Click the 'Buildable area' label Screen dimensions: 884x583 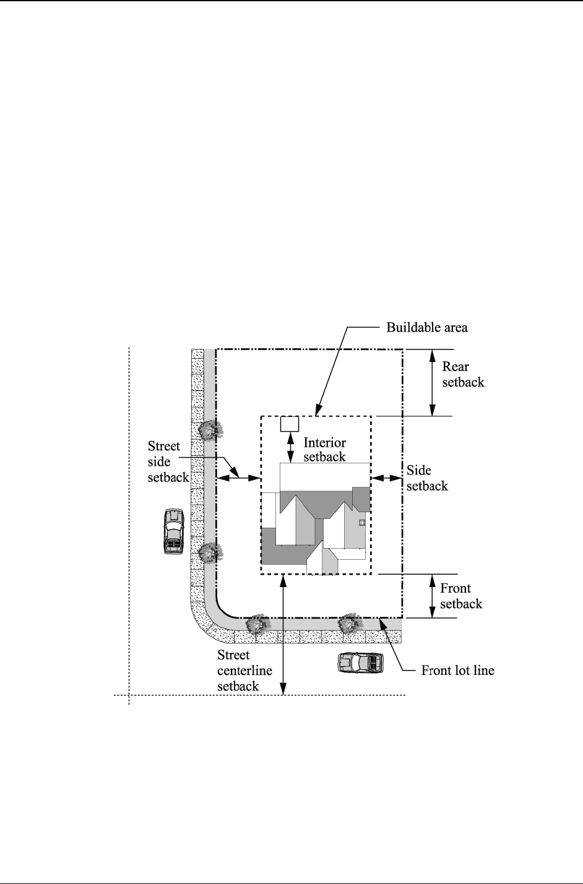[427, 328]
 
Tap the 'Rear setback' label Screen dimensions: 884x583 [463, 374]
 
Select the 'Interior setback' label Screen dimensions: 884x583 [324, 450]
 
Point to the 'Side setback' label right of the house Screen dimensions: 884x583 [427, 478]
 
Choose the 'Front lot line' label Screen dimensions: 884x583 [457, 670]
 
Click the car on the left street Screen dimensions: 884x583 [173, 531]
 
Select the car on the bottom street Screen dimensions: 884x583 [360, 663]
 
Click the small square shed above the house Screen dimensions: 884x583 [290, 424]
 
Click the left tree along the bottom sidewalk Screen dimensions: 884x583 [256, 625]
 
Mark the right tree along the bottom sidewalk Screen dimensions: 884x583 [351, 624]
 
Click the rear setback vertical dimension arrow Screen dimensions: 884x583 [433, 382]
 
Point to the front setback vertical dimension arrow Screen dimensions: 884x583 [433, 596]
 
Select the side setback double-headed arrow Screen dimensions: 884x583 [387, 478]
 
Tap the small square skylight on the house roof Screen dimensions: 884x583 [362, 522]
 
